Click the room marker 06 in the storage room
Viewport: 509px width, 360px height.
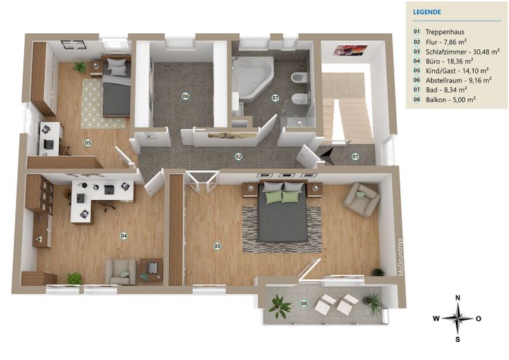186,96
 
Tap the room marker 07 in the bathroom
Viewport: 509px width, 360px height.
275,98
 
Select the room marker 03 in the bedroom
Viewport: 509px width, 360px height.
217,246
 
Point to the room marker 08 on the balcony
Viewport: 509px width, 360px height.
304,304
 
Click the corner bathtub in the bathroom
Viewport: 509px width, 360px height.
252,78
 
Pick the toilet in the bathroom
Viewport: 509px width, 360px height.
300,98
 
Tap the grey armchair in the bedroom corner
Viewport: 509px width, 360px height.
361,199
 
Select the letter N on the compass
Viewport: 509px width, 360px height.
458,298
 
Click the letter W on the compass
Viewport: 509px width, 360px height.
436,318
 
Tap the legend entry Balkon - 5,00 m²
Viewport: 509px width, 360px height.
451,100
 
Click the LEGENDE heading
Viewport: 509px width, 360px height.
427,12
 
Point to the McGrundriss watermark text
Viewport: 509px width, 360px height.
400,257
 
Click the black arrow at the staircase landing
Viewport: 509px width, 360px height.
327,155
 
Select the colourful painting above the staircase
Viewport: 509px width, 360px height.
350,50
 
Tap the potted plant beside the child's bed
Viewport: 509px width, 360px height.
80,67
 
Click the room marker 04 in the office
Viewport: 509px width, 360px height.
124,235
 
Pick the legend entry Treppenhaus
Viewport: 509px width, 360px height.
445,32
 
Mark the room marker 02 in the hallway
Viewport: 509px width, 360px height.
238,156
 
